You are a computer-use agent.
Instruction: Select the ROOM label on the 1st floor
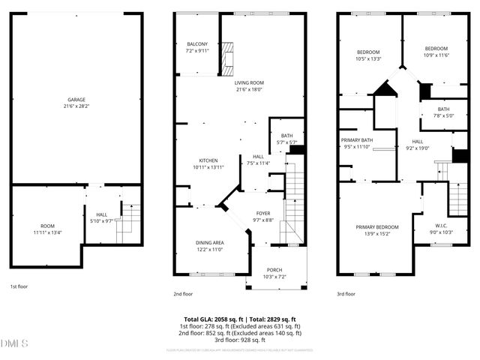pyautogui.click(x=47, y=226)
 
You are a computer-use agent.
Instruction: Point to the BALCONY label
pyautogui.click(x=196, y=44)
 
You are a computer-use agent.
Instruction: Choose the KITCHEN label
pyautogui.click(x=208, y=160)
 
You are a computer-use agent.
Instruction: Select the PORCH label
pyautogui.click(x=276, y=270)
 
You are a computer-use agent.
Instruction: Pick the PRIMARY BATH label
pyautogui.click(x=357, y=140)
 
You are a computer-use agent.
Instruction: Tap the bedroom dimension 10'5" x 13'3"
pyautogui.click(x=368, y=58)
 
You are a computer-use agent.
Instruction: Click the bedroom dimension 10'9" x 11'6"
pyautogui.click(x=436, y=55)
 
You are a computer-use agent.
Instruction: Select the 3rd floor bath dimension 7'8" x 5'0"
pyautogui.click(x=444, y=115)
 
